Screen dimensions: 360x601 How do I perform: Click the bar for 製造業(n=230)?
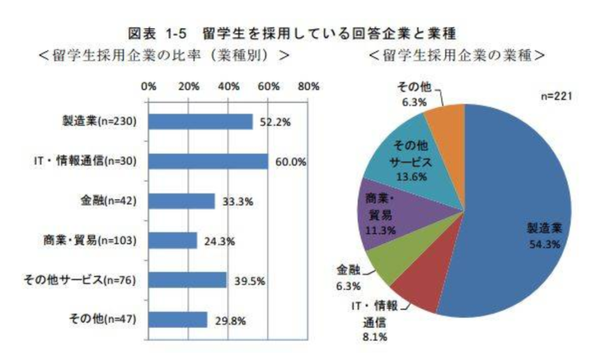[200, 121]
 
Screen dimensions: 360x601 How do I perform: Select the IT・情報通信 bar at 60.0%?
[208, 161]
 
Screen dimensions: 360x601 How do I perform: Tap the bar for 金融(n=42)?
[181, 201]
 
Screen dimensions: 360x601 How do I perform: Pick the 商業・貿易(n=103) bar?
[173, 240]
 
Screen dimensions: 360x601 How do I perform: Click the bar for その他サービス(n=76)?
[188, 280]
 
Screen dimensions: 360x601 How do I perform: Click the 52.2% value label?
[275, 122]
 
